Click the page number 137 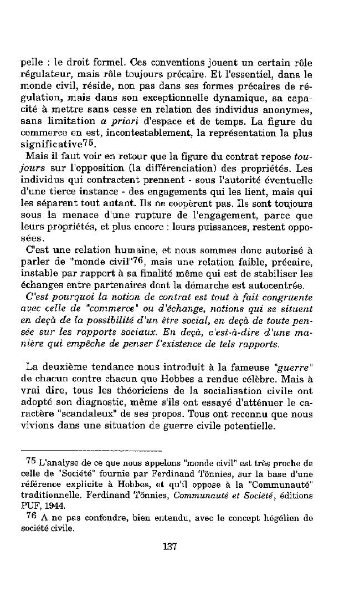(x=170, y=546)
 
